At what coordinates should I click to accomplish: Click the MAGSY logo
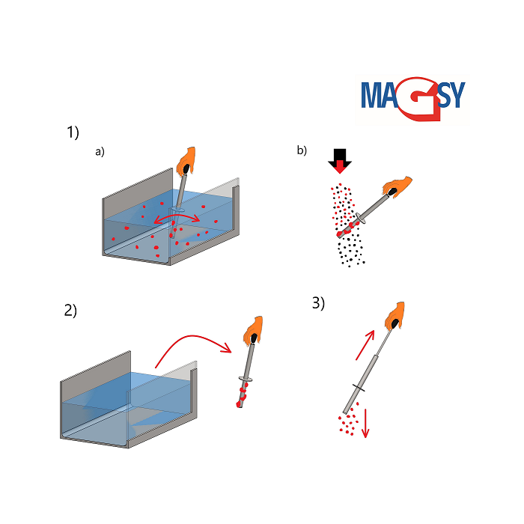pos(413,99)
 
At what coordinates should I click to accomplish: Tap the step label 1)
pos(73,132)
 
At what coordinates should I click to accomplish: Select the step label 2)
pos(70,310)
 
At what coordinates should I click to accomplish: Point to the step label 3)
pos(318,302)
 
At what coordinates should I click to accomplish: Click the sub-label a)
pos(100,152)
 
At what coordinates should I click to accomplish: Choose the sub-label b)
pos(302,150)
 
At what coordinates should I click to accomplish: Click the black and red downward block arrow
pos(340,161)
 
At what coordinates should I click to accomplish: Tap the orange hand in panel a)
pos(186,161)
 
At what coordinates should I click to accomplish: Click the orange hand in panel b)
pos(397,186)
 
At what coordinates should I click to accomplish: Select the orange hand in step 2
pos(253,331)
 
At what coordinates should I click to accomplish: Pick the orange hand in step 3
pos(395,316)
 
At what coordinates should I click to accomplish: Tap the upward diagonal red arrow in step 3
pos(365,345)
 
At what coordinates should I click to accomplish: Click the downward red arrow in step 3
pos(365,423)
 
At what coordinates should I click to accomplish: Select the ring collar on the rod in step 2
pos(246,379)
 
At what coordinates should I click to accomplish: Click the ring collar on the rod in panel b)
pos(360,218)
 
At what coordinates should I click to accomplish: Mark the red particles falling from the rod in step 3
pos(349,421)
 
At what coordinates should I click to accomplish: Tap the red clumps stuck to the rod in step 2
pos(242,395)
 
